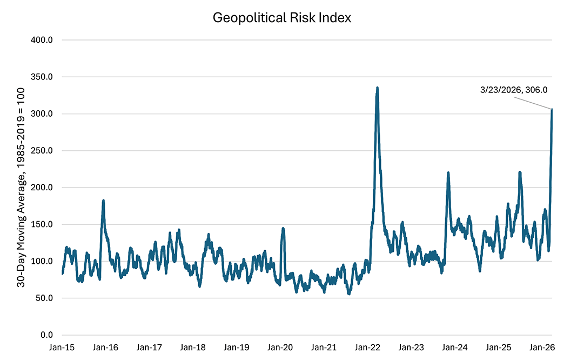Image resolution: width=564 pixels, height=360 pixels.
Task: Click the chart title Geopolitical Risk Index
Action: pos(282,18)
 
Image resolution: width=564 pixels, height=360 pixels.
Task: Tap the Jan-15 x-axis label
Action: pos(62,347)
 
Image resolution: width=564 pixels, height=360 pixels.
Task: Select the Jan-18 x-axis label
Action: pos(193,347)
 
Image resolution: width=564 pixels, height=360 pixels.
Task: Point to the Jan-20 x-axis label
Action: pos(280,347)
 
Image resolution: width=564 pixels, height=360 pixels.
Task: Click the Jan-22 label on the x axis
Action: pos(367,347)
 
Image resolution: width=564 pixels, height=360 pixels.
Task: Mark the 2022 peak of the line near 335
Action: pos(377,88)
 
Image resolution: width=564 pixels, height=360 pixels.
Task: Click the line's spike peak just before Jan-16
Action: pos(103,201)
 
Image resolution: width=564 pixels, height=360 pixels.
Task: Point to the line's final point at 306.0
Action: pos(552,110)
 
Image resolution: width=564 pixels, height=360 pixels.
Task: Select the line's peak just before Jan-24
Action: pos(448,173)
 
